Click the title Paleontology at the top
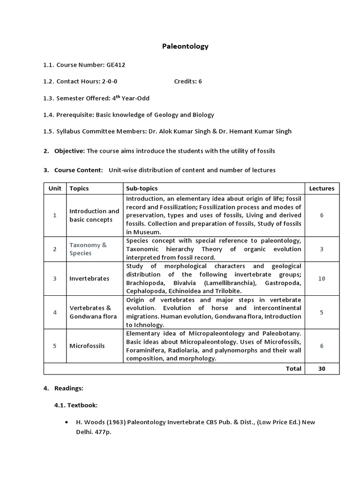pyautogui.click(x=185, y=46)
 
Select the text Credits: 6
pyautogui.click(x=188, y=81)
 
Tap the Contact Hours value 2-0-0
pyautogui.click(x=110, y=81)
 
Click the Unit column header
pyautogui.click(x=55, y=188)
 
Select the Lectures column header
pyautogui.click(x=322, y=188)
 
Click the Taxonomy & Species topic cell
pyautogui.click(x=88, y=249)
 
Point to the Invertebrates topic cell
pyautogui.click(x=89, y=278)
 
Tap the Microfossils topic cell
pyautogui.click(x=87, y=345)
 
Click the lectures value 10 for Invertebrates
pyautogui.click(x=322, y=278)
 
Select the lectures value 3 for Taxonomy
pyautogui.click(x=322, y=249)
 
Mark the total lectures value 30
pyautogui.click(x=322, y=368)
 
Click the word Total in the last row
pyautogui.click(x=293, y=368)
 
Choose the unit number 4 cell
pyautogui.click(x=55, y=312)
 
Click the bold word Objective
pyautogui.click(x=69, y=150)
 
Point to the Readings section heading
pyautogui.click(x=69, y=388)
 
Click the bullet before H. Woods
pyautogui.click(x=69, y=422)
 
